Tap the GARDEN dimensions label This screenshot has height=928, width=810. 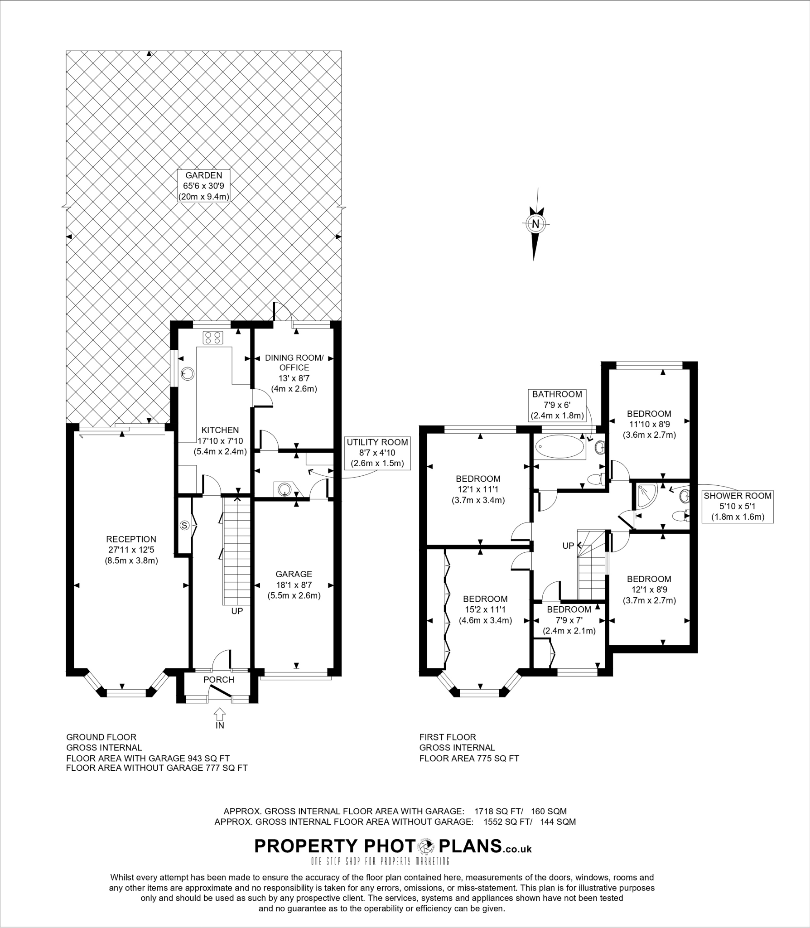pyautogui.click(x=203, y=185)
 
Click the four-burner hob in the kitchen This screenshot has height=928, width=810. pyautogui.click(x=213, y=337)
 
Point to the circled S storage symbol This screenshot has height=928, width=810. pyautogui.click(x=184, y=525)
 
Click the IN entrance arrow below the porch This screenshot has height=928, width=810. pyautogui.click(x=219, y=714)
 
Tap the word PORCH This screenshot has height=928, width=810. pyautogui.click(x=219, y=680)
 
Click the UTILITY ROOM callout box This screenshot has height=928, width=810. pyautogui.click(x=377, y=453)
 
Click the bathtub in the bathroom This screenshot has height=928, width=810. pyautogui.click(x=560, y=448)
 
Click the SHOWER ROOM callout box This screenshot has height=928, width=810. pyautogui.click(x=738, y=506)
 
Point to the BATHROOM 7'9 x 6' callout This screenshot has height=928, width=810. pyautogui.click(x=557, y=405)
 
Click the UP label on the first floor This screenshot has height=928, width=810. pyautogui.click(x=568, y=546)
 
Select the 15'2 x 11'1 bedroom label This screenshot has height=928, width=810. pyautogui.click(x=485, y=609)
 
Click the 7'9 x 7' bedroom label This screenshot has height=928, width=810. pyautogui.click(x=569, y=620)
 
